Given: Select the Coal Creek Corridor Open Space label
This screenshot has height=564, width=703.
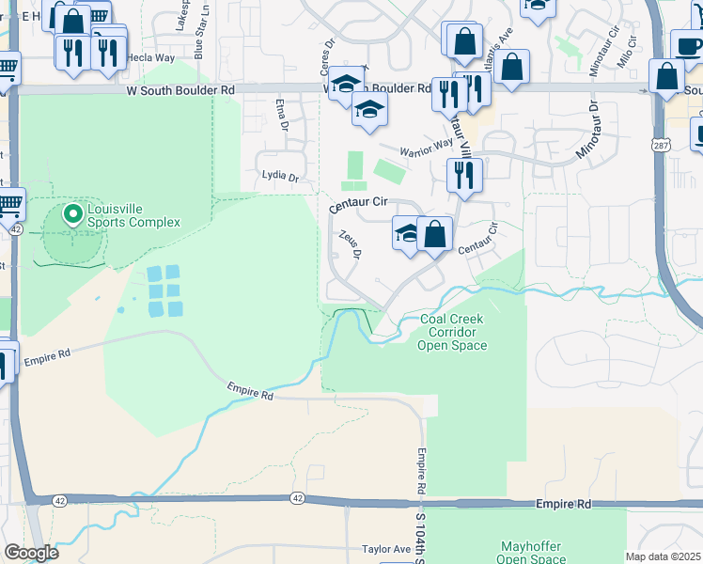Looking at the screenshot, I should (x=453, y=332).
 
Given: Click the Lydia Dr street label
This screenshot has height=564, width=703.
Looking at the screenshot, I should (x=280, y=177).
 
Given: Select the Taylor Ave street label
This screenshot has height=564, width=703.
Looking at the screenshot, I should (x=386, y=549).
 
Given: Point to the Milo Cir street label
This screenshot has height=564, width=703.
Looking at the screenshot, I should (x=628, y=53).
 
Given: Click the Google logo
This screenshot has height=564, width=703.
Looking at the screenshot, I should (x=31, y=553).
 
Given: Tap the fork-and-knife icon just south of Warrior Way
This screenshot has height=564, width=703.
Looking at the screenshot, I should (x=464, y=175).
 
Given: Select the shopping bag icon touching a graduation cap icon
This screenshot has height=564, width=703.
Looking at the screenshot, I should (x=434, y=234).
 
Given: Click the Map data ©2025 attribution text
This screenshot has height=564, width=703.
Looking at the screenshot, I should (x=663, y=556).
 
